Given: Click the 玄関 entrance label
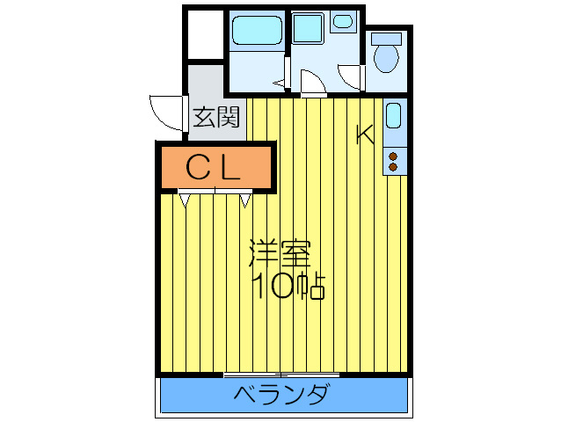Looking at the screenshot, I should [x=216, y=117].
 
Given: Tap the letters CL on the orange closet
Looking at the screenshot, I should [x=213, y=167].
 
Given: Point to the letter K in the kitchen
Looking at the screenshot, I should [x=364, y=135].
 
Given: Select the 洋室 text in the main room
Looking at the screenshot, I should [x=280, y=254].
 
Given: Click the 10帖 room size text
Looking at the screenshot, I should [x=288, y=286].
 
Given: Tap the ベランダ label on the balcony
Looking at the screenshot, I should [x=281, y=395].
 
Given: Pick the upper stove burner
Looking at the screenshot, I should [x=393, y=156].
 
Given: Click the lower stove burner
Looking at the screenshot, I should [x=393, y=165].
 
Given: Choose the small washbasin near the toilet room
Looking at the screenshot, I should [x=342, y=21].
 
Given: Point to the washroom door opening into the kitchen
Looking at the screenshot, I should [x=311, y=84].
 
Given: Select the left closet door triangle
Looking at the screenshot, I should [x=185, y=200].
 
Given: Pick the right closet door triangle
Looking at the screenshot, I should [x=245, y=200].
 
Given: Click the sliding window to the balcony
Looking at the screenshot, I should [x=281, y=375].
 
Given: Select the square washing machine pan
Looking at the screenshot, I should [x=308, y=29].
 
